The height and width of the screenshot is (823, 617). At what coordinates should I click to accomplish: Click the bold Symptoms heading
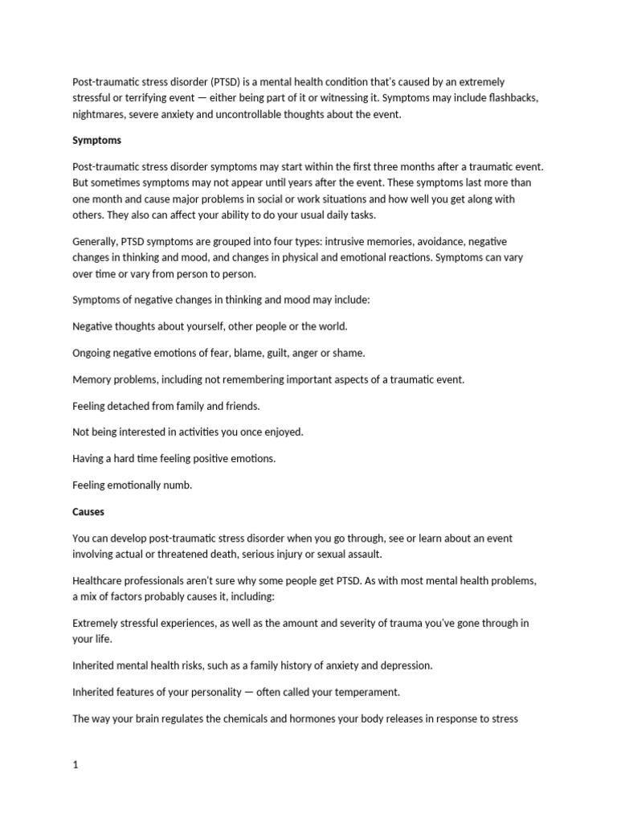[96, 140]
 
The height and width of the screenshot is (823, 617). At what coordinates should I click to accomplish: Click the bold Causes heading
[88, 511]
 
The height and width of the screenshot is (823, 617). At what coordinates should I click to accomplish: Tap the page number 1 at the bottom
[76, 743]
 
